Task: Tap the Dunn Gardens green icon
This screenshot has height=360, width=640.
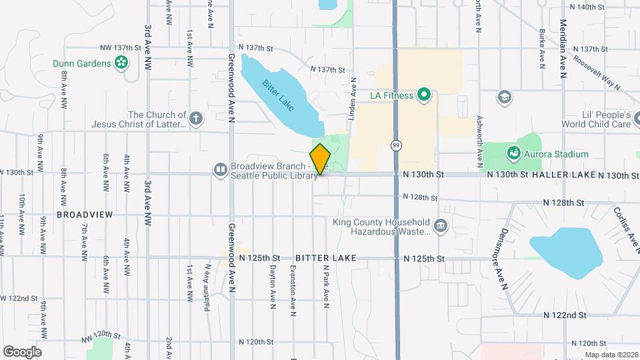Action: coord(121,63)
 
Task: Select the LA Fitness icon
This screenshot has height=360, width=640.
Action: coord(424,95)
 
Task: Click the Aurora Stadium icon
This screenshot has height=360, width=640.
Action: coord(513,154)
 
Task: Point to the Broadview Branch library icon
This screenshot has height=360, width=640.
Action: coord(220,170)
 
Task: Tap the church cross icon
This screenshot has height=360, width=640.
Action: coord(195,119)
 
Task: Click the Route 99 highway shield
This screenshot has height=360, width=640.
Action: coord(396,145)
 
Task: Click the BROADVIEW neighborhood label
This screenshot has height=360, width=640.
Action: coord(85,215)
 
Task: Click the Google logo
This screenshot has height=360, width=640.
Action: coord(22,351)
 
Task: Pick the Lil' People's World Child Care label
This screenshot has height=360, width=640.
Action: coord(595,119)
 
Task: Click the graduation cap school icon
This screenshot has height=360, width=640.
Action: coord(505,97)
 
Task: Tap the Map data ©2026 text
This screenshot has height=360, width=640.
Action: coord(611,354)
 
